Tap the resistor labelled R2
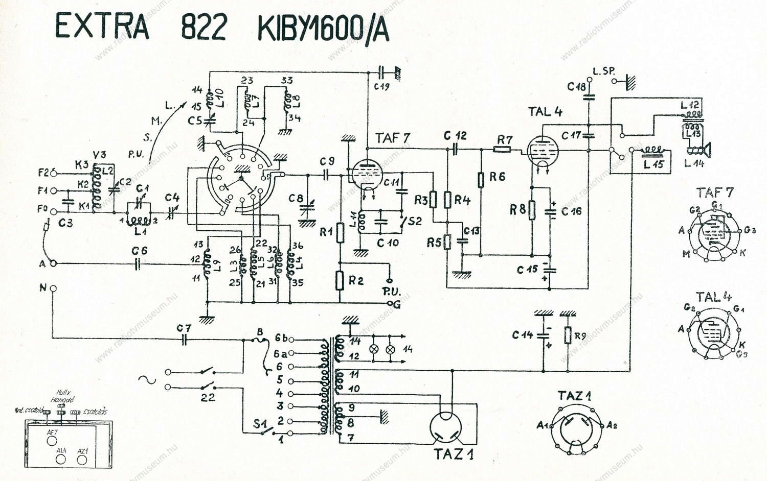click(x=340, y=280)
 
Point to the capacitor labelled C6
click(x=137, y=263)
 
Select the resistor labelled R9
click(x=568, y=335)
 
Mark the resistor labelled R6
click(x=481, y=179)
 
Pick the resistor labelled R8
click(x=532, y=209)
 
